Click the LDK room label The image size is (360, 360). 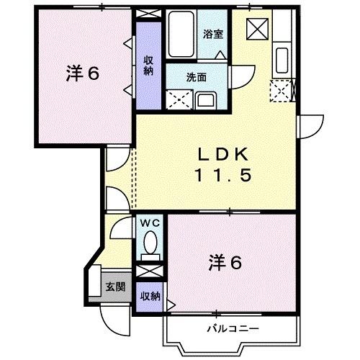point(223,153)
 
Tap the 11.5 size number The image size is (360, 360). point(223,174)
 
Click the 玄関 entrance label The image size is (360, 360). point(115,287)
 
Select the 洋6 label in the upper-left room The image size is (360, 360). point(82,74)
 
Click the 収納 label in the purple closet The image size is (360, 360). point(148,66)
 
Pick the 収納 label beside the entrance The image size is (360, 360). point(150,296)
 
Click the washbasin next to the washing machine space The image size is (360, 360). point(204,99)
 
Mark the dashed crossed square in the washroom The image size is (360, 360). point(178,99)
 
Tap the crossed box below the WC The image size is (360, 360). point(149,272)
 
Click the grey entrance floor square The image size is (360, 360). point(114,287)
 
